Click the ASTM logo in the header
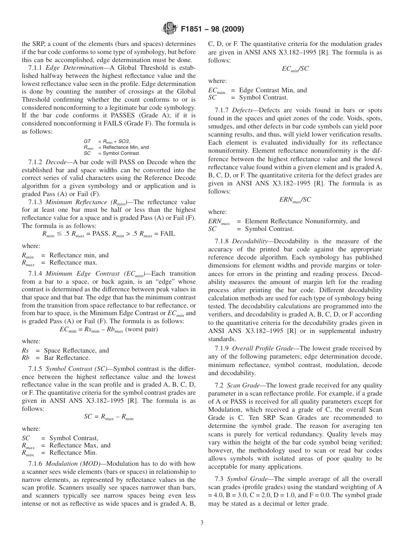pos(170,29)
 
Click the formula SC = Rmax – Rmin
pos(108,417)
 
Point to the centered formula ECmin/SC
pos(295,69)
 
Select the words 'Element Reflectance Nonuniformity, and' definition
pos(302,221)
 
